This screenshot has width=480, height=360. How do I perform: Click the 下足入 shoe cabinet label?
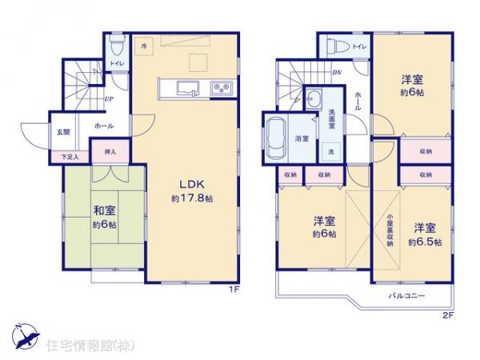72,158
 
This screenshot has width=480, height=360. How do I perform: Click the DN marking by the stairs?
338,71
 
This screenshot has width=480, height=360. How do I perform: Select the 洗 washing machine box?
330,150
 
